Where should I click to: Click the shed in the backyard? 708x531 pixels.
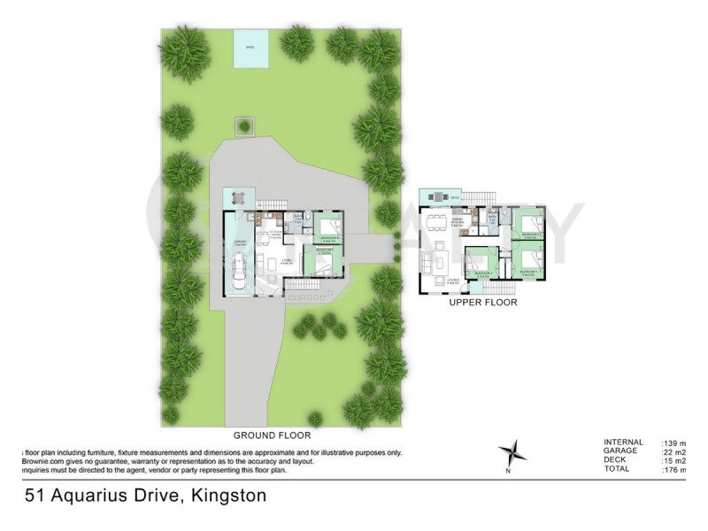tap(249, 49)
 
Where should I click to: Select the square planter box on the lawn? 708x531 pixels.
tap(243, 126)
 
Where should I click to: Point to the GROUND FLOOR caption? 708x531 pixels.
tap(271, 435)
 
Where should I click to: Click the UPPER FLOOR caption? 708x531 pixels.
tap(482, 303)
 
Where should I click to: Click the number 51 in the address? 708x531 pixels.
tap(35, 496)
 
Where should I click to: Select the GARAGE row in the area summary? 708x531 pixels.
tap(623, 451)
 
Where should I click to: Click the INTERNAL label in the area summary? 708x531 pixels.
tap(623, 442)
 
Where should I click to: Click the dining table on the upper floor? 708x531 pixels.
tap(434, 222)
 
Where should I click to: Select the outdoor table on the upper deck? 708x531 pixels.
tap(435, 196)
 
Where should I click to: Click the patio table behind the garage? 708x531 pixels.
tap(237, 198)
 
